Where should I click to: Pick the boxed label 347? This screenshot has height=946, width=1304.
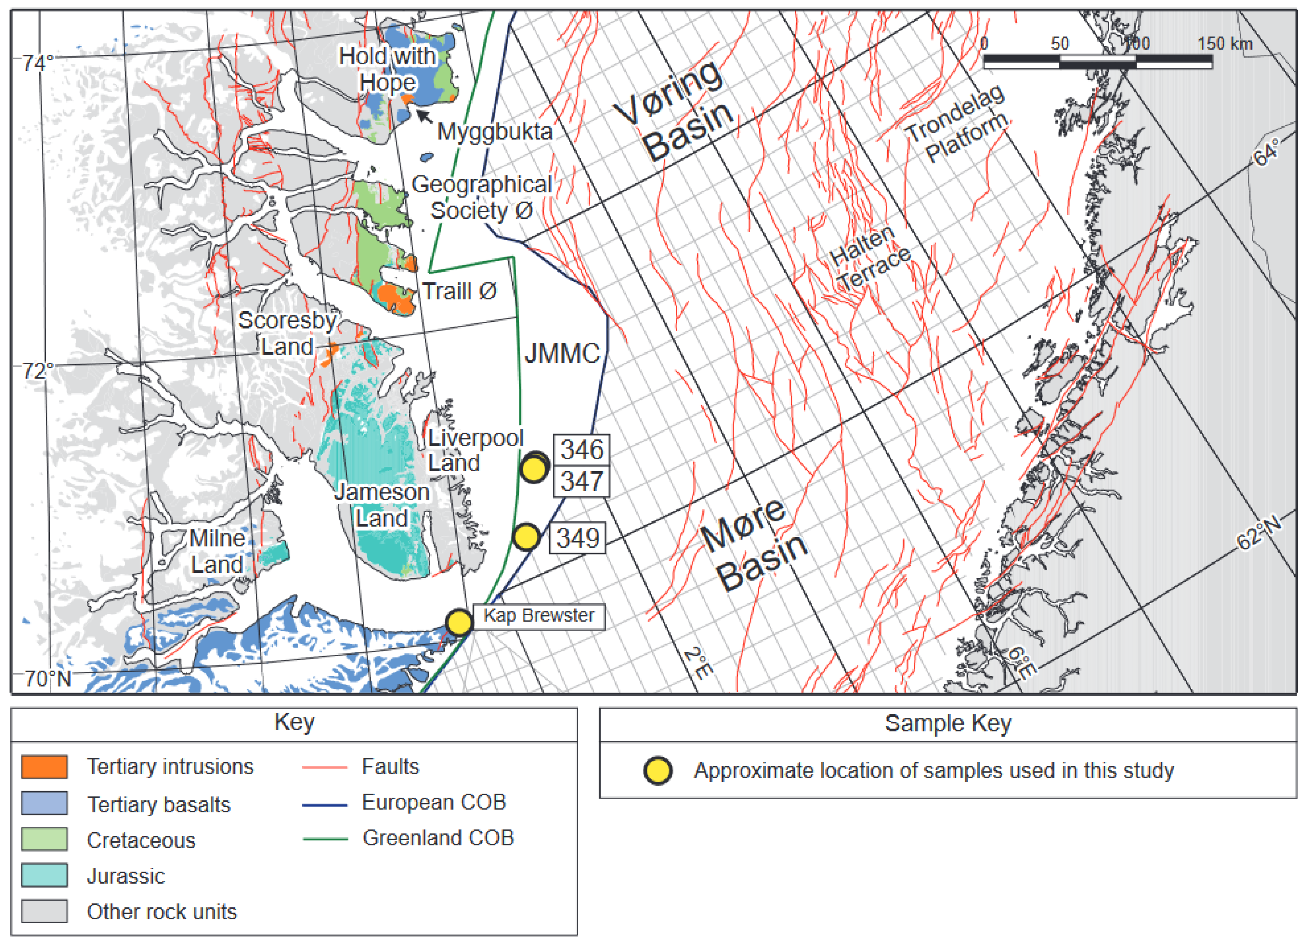(581, 481)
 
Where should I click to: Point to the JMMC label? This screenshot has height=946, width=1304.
(562, 354)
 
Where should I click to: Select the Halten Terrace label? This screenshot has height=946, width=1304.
(869, 259)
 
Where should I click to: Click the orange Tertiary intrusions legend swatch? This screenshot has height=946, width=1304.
(44, 767)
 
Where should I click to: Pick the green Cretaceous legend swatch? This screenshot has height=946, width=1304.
(44, 839)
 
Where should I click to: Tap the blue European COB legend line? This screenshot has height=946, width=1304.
(325, 805)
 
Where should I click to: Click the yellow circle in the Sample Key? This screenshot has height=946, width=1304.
(658, 771)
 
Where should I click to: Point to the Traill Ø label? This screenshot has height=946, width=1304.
(459, 291)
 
